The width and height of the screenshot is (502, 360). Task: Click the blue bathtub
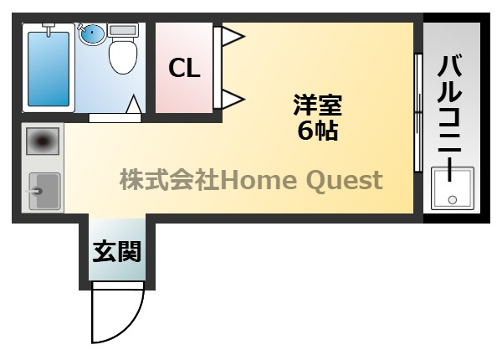click(x=49, y=69)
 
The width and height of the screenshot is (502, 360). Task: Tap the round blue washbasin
click(x=92, y=34)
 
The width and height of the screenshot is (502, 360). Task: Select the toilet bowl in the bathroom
click(x=123, y=56)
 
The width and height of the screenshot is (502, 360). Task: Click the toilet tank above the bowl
click(x=123, y=30)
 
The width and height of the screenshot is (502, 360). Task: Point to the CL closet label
click(x=184, y=68)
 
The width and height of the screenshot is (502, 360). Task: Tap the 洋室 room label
click(x=318, y=105)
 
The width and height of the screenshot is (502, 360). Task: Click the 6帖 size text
click(x=318, y=131)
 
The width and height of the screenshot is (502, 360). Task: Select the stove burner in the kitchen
click(x=43, y=141)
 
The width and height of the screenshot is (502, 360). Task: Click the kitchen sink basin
click(x=44, y=191)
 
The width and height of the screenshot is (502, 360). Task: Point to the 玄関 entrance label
click(x=117, y=252)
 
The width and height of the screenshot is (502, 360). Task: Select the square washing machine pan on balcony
click(x=453, y=188)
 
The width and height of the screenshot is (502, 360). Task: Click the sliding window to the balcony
click(x=418, y=113)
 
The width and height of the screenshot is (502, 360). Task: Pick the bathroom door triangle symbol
click(x=134, y=104)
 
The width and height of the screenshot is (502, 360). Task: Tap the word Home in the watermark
click(x=259, y=180)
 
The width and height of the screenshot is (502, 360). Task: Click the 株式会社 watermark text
click(x=170, y=180)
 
